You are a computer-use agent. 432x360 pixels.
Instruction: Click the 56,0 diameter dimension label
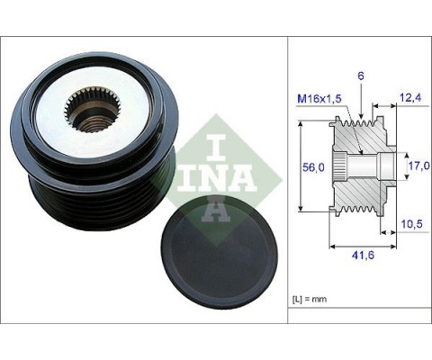pos(313,167)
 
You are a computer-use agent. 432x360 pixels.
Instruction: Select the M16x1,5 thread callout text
pos(319,99)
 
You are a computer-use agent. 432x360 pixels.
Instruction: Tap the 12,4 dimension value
pos(411,97)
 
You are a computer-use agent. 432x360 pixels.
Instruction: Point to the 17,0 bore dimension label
pos(419,166)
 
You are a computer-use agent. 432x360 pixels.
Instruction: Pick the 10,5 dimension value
pos(411,224)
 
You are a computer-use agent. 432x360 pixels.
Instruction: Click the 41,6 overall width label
pos(363,255)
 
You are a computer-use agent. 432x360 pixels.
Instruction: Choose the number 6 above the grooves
pos(361,76)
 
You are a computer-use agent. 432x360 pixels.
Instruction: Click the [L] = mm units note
pos(310,299)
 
